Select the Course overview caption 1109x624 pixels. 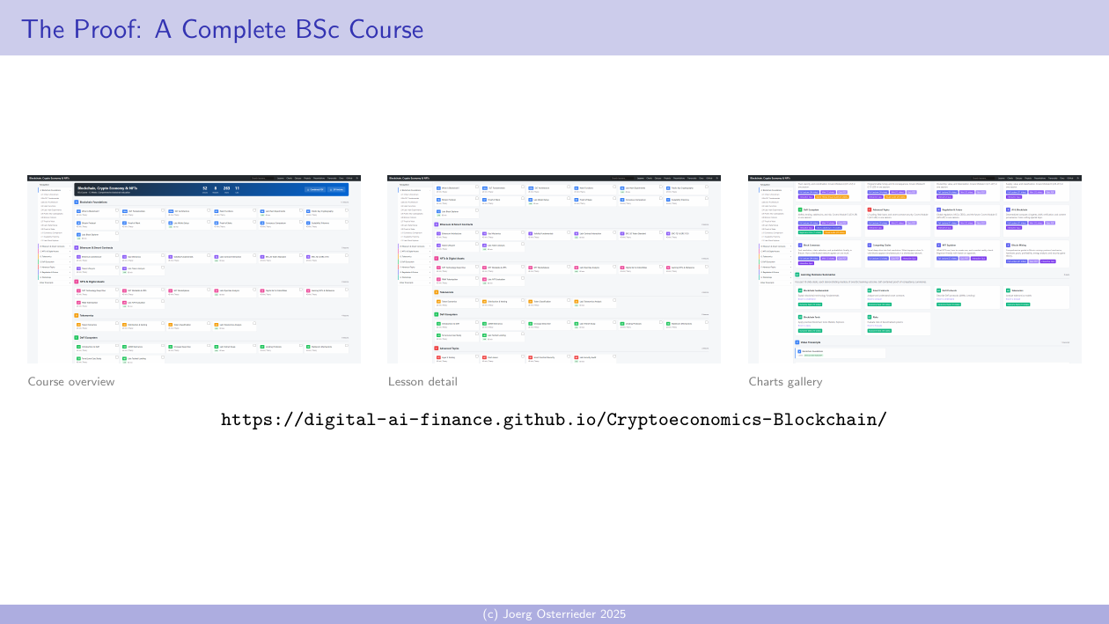tap(71, 382)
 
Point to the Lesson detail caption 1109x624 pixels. tap(422, 382)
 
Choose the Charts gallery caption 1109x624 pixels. tap(785, 382)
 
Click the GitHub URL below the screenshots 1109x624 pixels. tap(554, 419)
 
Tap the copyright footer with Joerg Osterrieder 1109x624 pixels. tap(554, 614)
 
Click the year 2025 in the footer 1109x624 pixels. tap(612, 614)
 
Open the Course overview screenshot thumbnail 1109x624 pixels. tap(194, 268)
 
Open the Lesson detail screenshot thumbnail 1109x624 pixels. tap(554, 268)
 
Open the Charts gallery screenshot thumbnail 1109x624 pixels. tap(914, 268)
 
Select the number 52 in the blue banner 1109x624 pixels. tap(205, 188)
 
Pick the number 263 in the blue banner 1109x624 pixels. tap(226, 188)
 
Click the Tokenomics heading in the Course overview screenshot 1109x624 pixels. tap(87, 315)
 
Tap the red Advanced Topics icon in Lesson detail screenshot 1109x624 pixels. tap(437, 349)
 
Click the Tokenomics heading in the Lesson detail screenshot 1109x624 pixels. tap(447, 292)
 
